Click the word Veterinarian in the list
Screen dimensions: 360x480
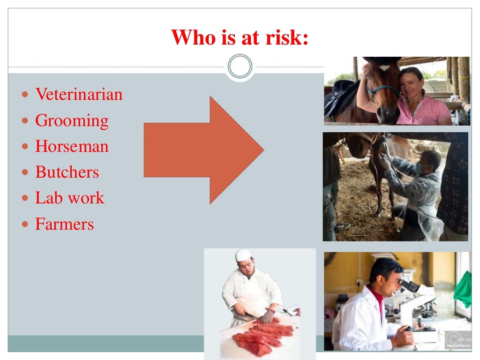click(79, 95)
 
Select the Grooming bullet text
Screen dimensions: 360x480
click(72, 121)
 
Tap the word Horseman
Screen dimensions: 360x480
click(72, 147)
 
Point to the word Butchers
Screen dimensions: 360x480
click(67, 172)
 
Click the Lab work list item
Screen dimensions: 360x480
click(69, 198)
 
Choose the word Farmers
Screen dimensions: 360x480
click(64, 224)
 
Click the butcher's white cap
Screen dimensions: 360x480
click(243, 255)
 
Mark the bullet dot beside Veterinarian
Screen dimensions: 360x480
click(26, 95)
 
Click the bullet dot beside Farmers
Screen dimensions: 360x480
click(26, 225)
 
